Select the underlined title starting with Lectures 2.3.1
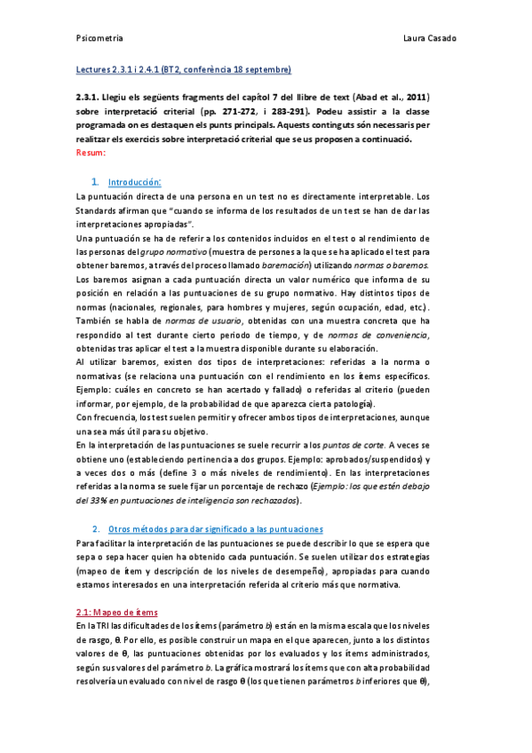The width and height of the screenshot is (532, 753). (181, 70)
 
